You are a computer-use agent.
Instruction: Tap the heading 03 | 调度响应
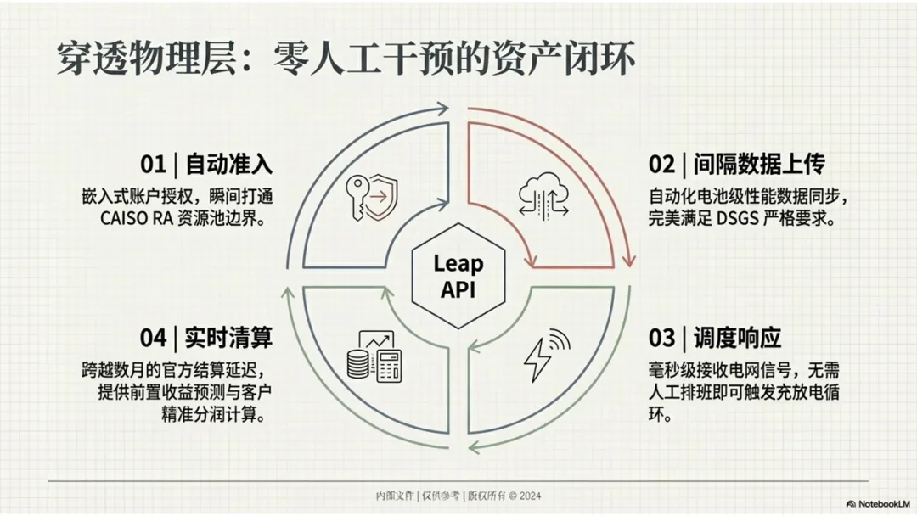point(714,338)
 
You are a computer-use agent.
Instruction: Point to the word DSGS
point(746,218)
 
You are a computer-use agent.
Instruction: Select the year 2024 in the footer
point(527,496)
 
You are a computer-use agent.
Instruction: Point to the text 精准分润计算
point(221,417)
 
